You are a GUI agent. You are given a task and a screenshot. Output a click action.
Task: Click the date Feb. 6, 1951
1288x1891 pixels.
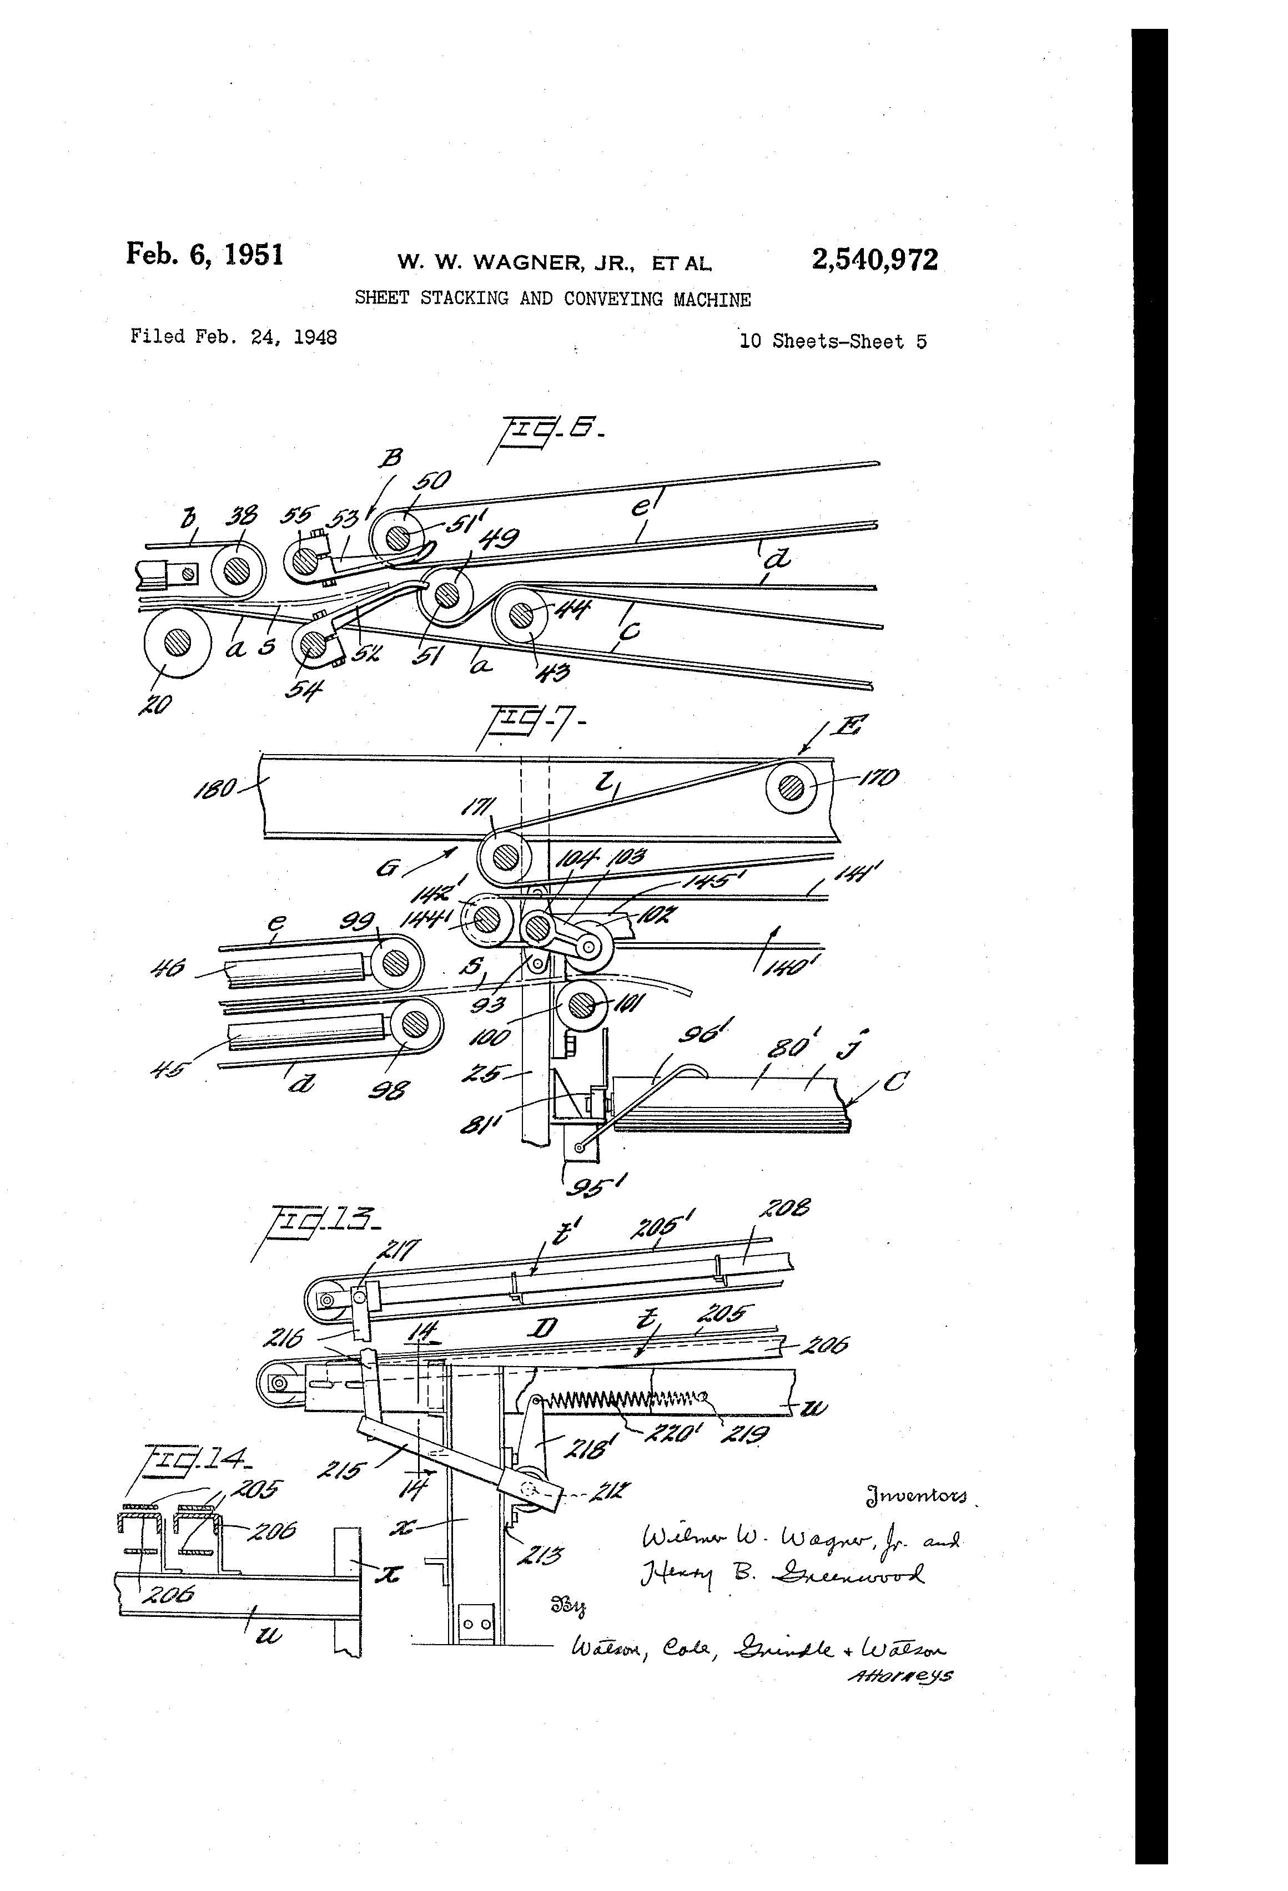click(x=204, y=255)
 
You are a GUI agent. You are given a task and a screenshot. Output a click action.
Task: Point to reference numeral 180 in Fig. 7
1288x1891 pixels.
click(x=214, y=788)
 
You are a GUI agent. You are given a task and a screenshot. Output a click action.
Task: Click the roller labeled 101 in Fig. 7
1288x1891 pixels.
click(x=580, y=1007)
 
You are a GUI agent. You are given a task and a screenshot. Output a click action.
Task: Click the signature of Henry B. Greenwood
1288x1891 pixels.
click(x=782, y=1576)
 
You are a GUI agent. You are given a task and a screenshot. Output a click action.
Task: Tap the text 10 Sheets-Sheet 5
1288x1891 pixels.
click(x=832, y=341)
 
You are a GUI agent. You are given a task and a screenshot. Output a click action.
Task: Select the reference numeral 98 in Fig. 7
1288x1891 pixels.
click(x=389, y=1090)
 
